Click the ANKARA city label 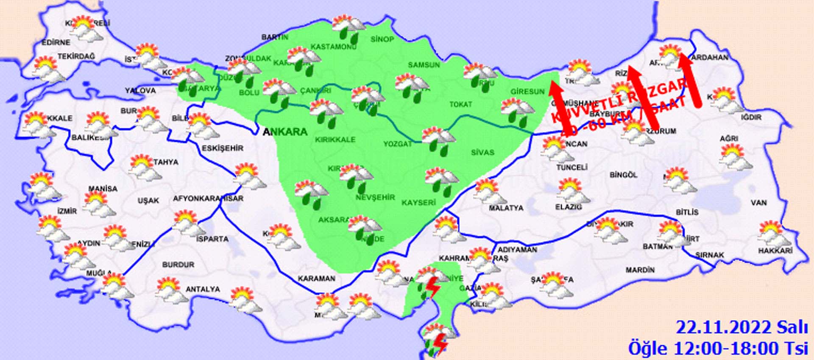pyautogui.click(x=285, y=132)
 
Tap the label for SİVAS pyautogui.click(x=482, y=152)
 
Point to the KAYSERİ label pyautogui.click(x=418, y=203)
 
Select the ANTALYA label pyautogui.click(x=203, y=289)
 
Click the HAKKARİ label pyautogui.click(x=775, y=251)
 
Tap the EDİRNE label pyautogui.click(x=56, y=42)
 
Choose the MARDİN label pyautogui.click(x=640, y=270)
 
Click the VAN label pyautogui.click(x=758, y=203)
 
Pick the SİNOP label pyautogui.click(x=382, y=39)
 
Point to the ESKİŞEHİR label pyautogui.click(x=223, y=148)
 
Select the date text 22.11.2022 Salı pyautogui.click(x=742, y=328)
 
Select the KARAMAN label pyautogui.click(x=316, y=279)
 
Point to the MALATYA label pyautogui.click(x=506, y=208)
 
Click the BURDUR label pyautogui.click(x=178, y=265)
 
